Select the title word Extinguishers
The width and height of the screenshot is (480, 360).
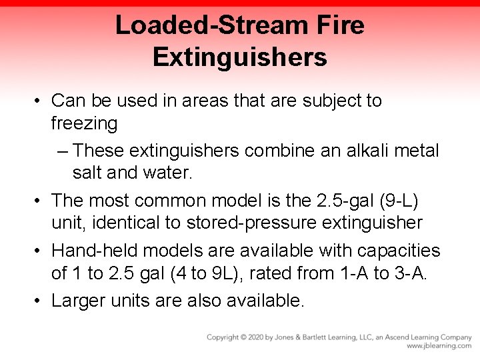pyautogui.click(x=240, y=57)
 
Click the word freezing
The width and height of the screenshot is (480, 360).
pyautogui.click(x=84, y=123)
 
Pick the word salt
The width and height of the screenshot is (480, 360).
pyautogui.click(x=87, y=173)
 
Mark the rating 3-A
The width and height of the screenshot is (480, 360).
pyautogui.click(x=410, y=273)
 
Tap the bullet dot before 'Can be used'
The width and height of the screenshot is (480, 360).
pyautogui.click(x=41, y=101)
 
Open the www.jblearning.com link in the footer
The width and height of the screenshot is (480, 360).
pyautogui.click(x=439, y=346)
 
